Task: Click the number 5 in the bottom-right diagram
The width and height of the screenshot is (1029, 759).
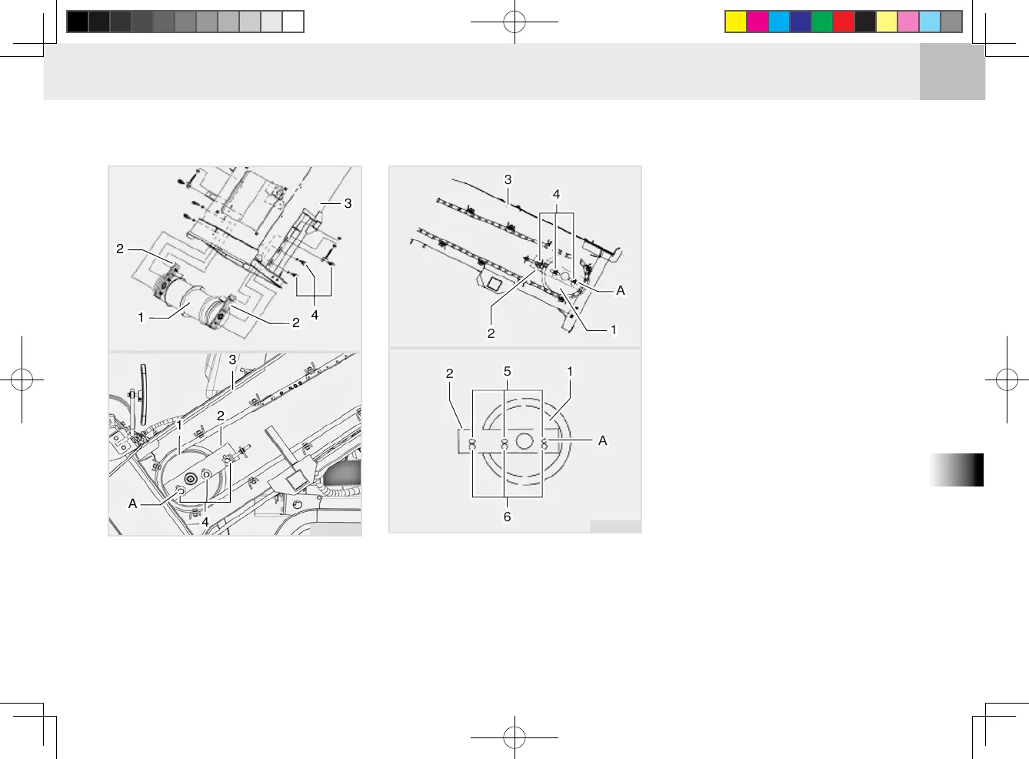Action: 507,372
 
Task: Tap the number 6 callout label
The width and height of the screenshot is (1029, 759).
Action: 507,517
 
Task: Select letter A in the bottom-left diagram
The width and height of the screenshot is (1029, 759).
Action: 133,504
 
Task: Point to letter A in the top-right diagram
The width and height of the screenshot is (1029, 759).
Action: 620,290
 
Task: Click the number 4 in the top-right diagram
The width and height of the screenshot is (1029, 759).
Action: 556,195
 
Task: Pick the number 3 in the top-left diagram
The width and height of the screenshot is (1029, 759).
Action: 348,203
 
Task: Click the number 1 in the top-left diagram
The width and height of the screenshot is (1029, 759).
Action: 141,317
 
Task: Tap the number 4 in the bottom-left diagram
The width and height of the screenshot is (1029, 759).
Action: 205,522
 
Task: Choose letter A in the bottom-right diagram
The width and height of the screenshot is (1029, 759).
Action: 602,440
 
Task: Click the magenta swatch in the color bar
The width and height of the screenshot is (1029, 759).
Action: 758,22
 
